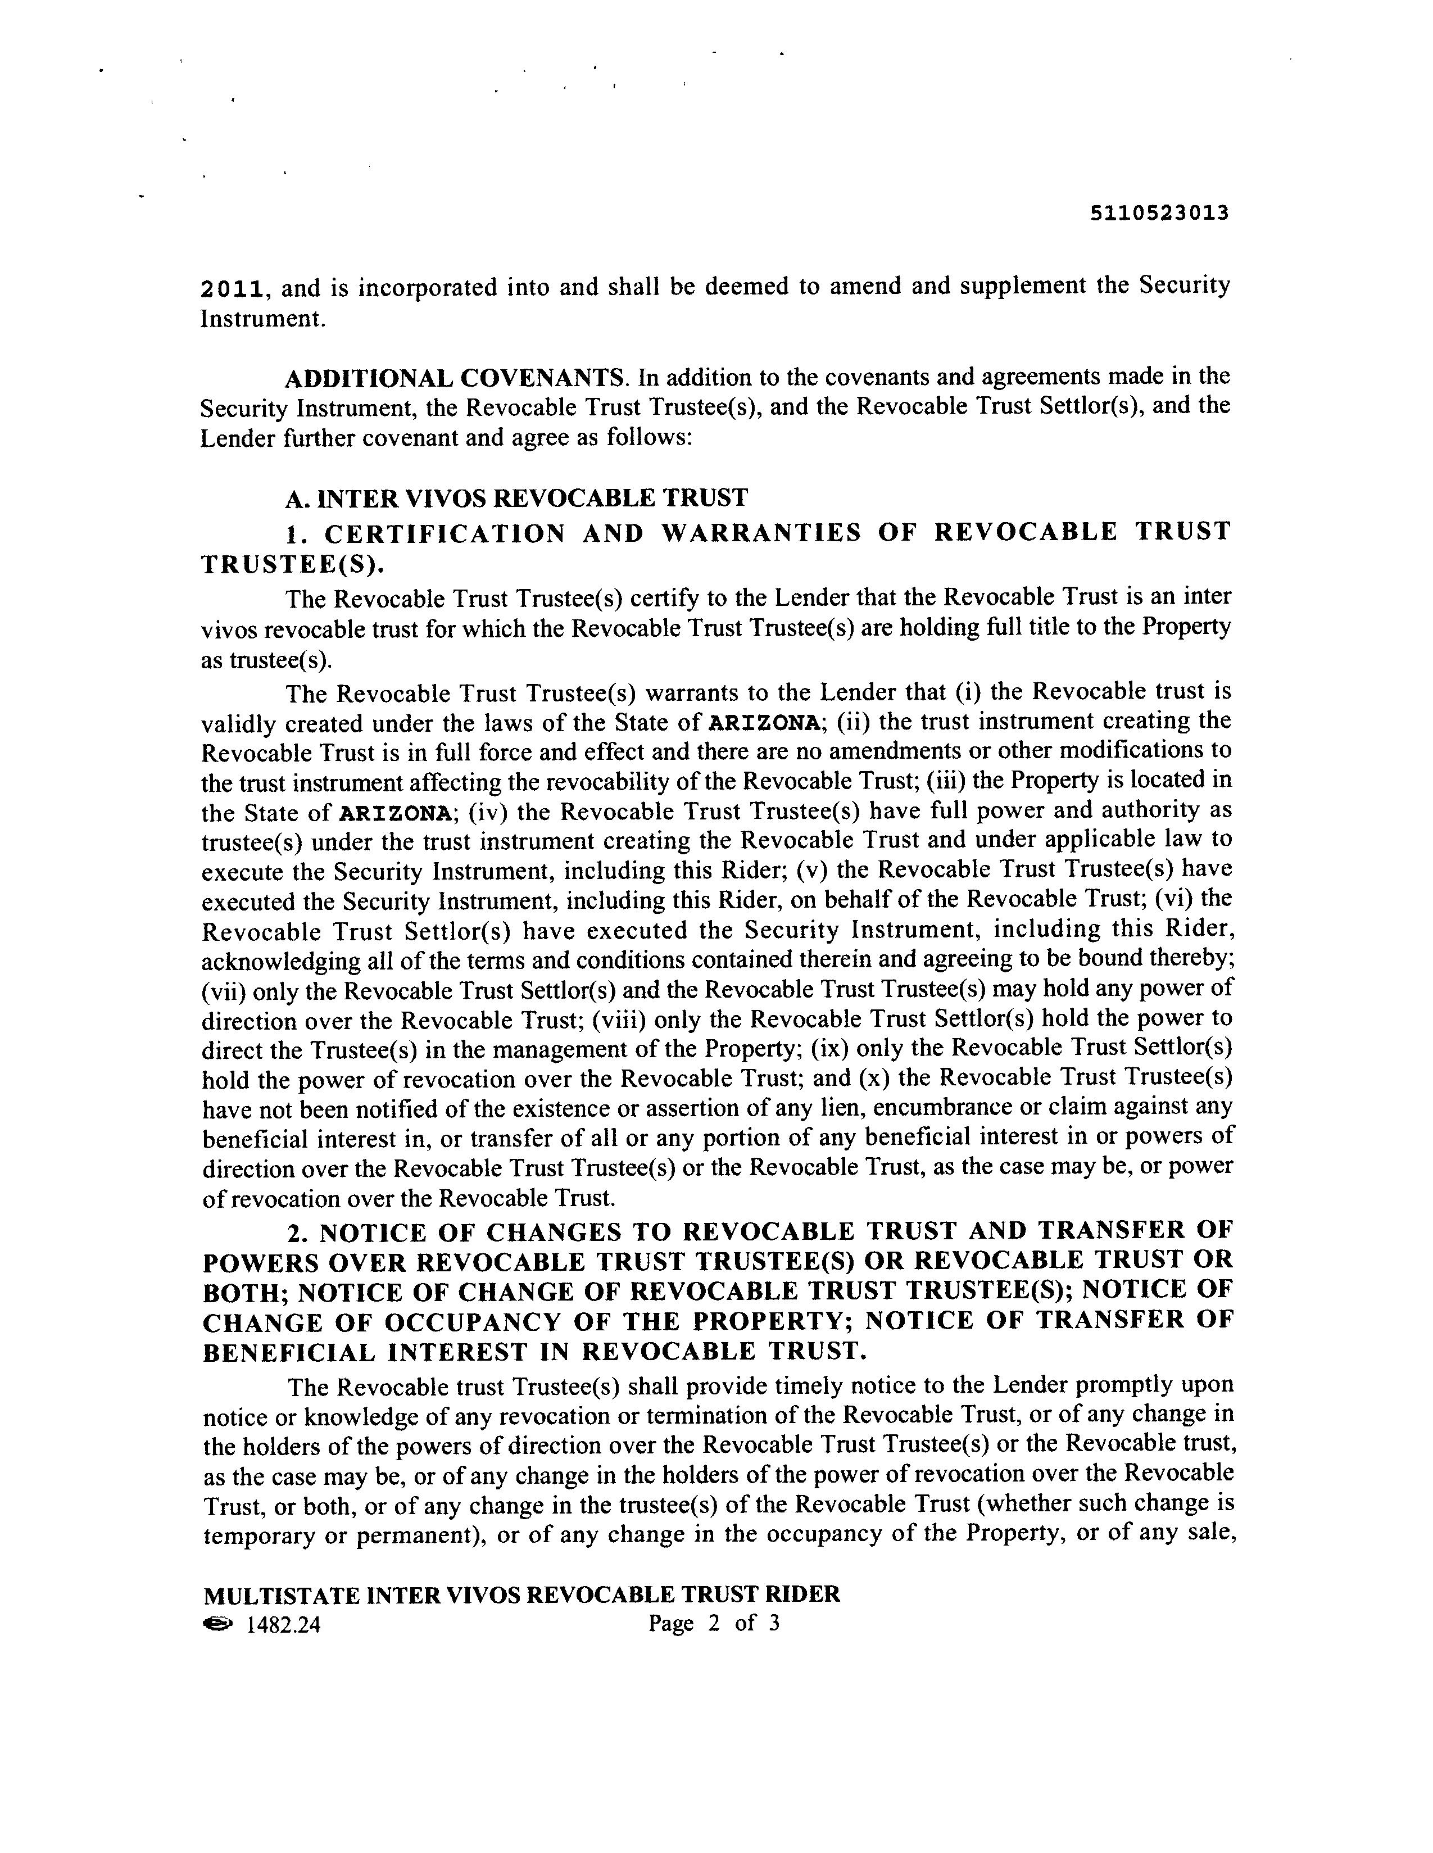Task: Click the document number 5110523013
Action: (1159, 213)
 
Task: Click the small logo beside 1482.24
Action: (217, 1623)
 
